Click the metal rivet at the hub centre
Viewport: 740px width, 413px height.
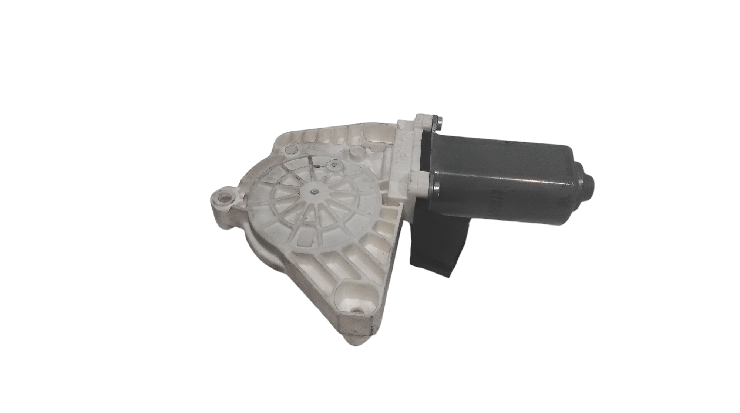pyautogui.click(x=314, y=191)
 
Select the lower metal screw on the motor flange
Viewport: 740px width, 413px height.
pyautogui.click(x=437, y=189)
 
